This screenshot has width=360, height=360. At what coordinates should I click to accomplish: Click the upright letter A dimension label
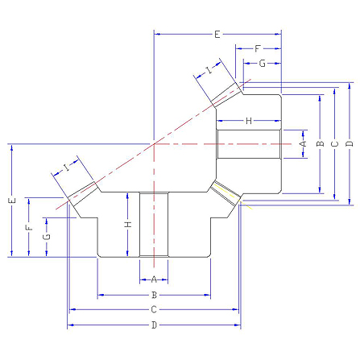coord(154,279)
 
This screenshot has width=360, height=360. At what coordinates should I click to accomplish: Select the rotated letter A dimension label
coord(303,144)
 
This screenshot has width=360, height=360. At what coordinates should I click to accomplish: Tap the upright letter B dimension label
coord(154,295)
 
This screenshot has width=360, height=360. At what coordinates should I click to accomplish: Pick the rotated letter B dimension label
coord(321,144)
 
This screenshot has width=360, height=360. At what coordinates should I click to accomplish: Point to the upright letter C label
coord(154,309)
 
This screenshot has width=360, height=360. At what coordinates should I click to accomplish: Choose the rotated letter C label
coord(335,144)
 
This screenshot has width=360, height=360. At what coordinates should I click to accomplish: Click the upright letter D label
coord(154,325)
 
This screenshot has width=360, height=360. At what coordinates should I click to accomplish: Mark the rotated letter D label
coord(350,144)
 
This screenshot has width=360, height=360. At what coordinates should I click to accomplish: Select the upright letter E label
coord(217,35)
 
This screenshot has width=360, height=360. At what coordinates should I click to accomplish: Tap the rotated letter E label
coord(12,201)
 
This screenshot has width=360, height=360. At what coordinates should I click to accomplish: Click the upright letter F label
coord(258,48)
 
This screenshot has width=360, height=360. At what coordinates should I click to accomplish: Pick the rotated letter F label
coord(29,228)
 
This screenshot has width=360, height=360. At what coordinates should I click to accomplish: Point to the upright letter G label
coord(262,64)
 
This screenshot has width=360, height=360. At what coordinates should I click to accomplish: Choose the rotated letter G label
coord(47,237)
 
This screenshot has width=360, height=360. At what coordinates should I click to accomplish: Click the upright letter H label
coord(249,121)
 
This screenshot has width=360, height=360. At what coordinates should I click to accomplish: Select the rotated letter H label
coord(129,224)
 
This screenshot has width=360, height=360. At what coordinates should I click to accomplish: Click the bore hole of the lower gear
coord(154,225)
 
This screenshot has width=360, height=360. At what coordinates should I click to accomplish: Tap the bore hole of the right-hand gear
coord(249,144)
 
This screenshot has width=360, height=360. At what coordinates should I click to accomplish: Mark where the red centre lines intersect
coord(154,144)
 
